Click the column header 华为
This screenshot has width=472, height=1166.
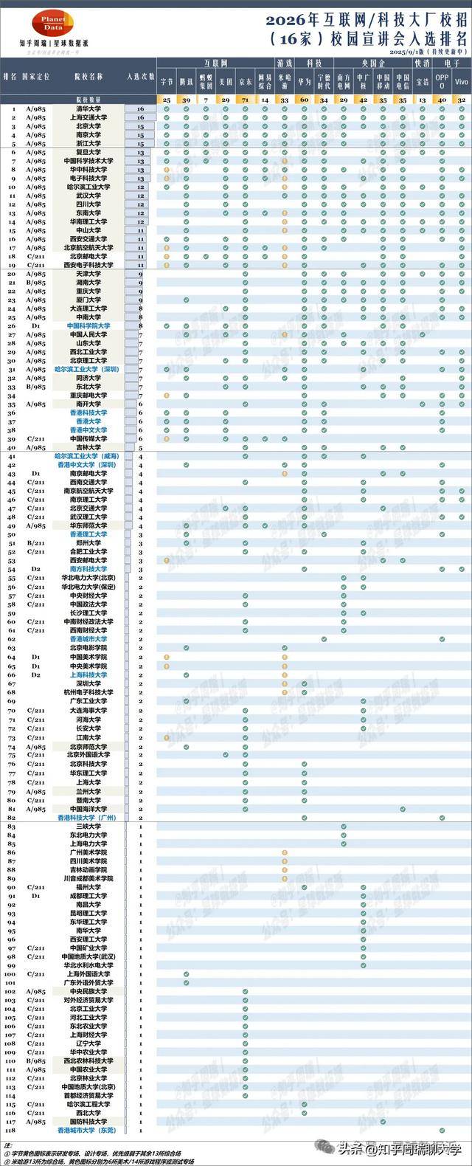304,80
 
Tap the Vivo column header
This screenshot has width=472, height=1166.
461,80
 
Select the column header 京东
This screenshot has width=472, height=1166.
245,80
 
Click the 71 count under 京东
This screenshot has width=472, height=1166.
245,99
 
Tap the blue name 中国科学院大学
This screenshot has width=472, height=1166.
88,325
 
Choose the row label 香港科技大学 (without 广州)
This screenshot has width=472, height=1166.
88,413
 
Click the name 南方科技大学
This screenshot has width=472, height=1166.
88,569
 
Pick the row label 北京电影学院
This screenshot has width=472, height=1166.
88,647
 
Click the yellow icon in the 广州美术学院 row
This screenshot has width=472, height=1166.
284,852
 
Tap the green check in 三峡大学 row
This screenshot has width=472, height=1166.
343,827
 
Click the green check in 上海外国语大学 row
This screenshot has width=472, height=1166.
186,974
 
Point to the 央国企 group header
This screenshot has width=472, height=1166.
372,63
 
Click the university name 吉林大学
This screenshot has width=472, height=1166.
88,447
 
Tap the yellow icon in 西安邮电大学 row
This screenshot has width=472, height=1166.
167,560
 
